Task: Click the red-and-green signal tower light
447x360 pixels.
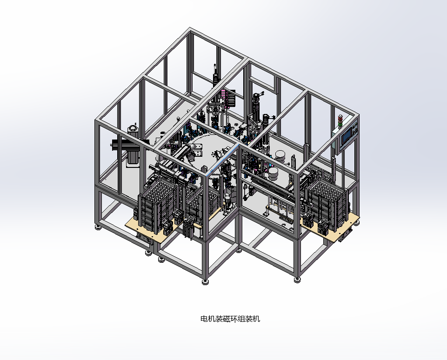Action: click(340, 120)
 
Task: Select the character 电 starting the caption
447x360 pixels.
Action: click(204, 319)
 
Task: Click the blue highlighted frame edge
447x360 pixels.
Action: click(223, 160)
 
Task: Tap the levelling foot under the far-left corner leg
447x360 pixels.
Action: click(98, 227)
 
